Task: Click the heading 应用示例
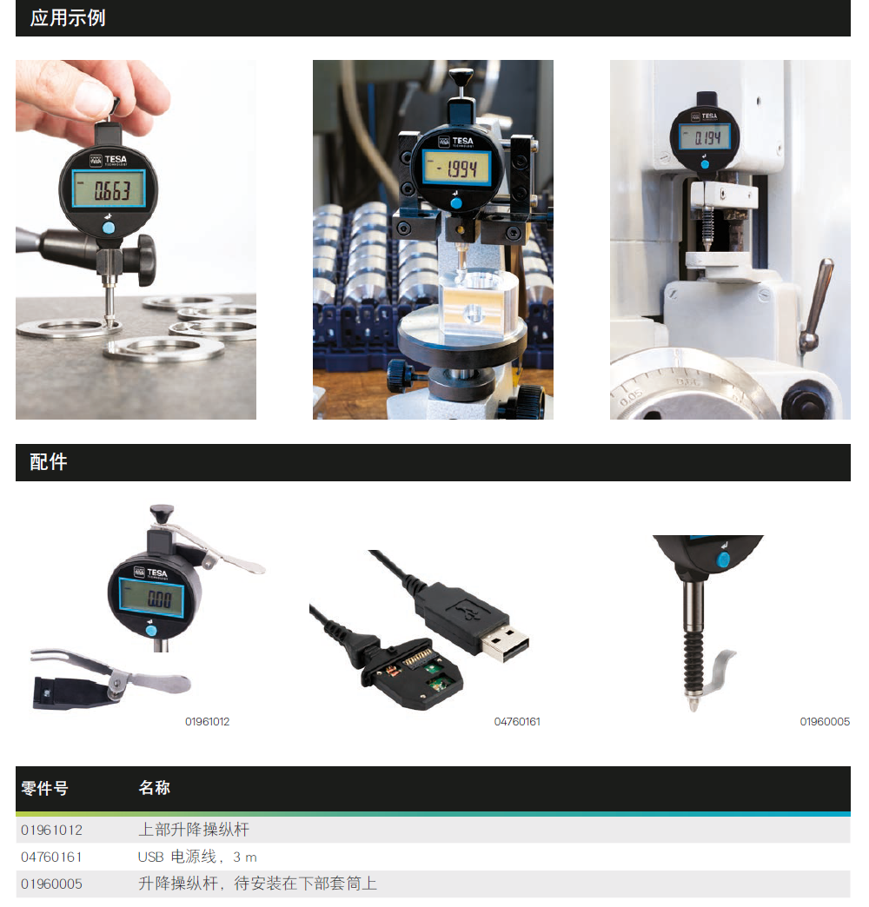click(68, 18)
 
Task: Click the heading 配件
click(49, 462)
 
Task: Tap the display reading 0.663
click(109, 189)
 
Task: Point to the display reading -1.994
click(456, 169)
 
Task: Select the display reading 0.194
click(705, 137)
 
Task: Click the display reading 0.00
click(151, 598)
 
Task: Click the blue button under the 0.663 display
click(109, 228)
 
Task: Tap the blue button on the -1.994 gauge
click(456, 203)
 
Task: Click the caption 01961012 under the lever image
click(207, 722)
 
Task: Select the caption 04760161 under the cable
click(517, 722)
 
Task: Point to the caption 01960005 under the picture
click(825, 722)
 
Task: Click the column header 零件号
click(44, 788)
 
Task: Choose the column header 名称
click(155, 788)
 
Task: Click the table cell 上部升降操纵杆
click(194, 830)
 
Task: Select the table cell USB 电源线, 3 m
click(197, 857)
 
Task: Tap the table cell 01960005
click(51, 884)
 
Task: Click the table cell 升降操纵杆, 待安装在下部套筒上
click(257, 884)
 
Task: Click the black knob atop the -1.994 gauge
click(461, 76)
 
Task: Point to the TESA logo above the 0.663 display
click(109, 160)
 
